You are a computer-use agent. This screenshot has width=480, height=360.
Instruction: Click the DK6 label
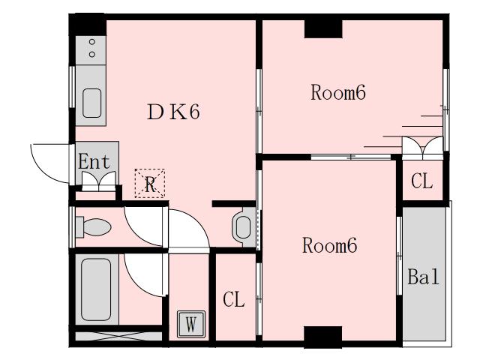pyautogui.click(x=173, y=112)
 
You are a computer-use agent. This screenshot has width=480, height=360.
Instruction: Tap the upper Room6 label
pyautogui.click(x=338, y=92)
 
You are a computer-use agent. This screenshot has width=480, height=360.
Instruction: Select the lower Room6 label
pyautogui.click(x=330, y=245)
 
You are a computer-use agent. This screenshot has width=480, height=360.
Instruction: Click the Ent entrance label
pyautogui.click(x=94, y=162)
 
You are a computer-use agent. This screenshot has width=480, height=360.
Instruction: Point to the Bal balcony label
pyautogui.click(x=423, y=277)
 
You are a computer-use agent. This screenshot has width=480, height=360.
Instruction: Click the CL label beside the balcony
pyautogui.click(x=421, y=181)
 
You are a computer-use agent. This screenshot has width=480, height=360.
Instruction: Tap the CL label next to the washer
pyautogui.click(x=234, y=299)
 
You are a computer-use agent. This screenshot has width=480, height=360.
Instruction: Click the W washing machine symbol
pyautogui.click(x=191, y=324)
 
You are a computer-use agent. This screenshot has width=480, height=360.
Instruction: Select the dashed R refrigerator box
pyautogui.click(x=150, y=183)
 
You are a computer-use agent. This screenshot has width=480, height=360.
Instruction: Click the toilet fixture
pyautogui.click(x=93, y=226)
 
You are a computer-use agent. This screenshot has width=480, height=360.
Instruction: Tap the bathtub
pyautogui.click(x=96, y=290)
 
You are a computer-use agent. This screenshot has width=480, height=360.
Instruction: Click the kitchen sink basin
pyautogui.click(x=91, y=103)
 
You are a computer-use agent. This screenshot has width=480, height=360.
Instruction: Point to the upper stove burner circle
pyautogui.click(x=91, y=42)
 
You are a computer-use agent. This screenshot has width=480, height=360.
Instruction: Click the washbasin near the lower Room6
pyautogui.click(x=244, y=227)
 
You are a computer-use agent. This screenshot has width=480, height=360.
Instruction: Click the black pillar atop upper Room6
pyautogui.click(x=323, y=29)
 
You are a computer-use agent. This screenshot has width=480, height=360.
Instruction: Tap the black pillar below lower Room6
pyautogui.click(x=323, y=336)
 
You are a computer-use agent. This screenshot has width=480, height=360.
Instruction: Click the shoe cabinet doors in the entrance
pyautogui.click(x=98, y=181)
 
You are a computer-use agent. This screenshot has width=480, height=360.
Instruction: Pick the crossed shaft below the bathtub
pyautogui.click(x=118, y=336)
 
